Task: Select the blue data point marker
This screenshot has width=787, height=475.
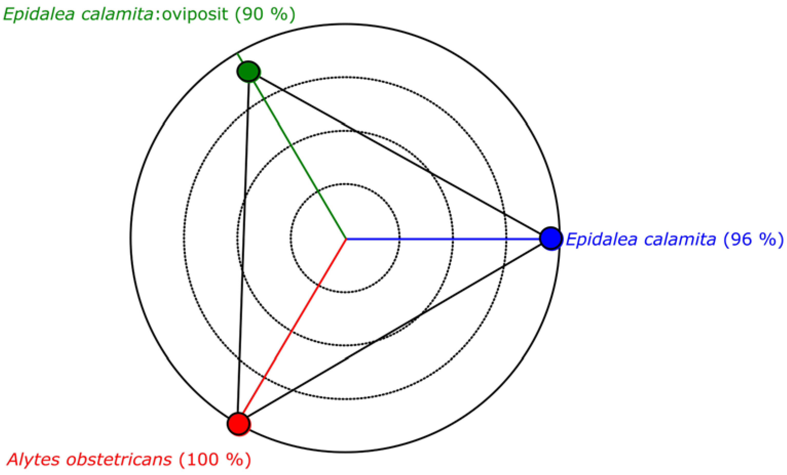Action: [x=551, y=239]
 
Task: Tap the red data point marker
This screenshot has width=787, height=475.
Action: [x=239, y=424]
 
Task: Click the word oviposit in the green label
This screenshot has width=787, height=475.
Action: [x=195, y=14]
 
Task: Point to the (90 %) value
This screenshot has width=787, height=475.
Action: [x=265, y=14]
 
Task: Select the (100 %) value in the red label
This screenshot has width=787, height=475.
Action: [x=215, y=459]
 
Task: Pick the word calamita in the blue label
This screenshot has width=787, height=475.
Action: [x=680, y=239]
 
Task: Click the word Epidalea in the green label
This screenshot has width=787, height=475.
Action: [x=38, y=14]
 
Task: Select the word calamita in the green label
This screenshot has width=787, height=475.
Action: [x=117, y=14]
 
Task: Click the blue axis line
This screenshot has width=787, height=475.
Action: [x=447, y=239]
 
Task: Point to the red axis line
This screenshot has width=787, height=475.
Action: [x=292, y=332]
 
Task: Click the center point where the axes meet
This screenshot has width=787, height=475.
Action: [x=346, y=239]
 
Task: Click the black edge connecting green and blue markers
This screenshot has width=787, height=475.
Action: [x=399, y=155]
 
